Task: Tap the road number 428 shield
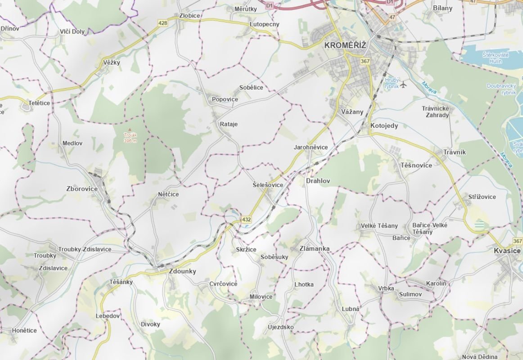pos(163,23)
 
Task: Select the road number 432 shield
pos(246,220)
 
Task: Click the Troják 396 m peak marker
pos(130,130)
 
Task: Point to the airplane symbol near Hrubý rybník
pos(403,84)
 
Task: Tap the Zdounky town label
pos(182,271)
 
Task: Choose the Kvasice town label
pos(507,251)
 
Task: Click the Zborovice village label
pos(82,189)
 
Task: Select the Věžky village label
pos(112,63)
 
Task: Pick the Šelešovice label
pos(268,185)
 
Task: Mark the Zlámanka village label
pos(315,248)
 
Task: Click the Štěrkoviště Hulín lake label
pos(496,57)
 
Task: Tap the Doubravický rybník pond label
pos(501,89)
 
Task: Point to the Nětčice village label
pos(168,194)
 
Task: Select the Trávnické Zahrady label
pos(435,112)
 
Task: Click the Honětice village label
pos(24,330)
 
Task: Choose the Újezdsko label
pos(280,327)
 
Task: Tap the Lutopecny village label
pos(264,24)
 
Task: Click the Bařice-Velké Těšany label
pos(423,229)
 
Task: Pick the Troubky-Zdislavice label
pos(85,249)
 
